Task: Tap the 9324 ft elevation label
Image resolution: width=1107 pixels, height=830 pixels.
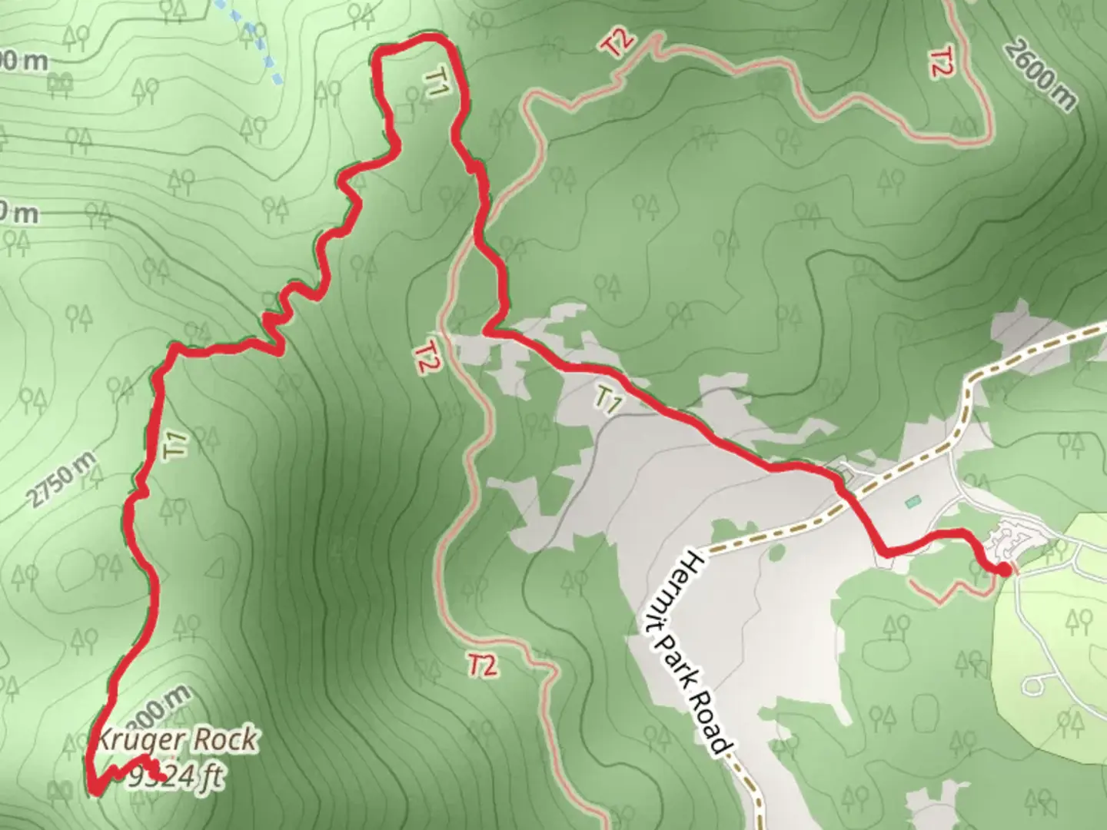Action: coord(176,777)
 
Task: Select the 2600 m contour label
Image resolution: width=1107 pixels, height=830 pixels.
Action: coord(1039,75)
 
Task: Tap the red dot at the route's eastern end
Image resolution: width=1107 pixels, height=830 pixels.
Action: coord(1004,569)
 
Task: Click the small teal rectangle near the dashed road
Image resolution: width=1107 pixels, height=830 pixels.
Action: coord(913,503)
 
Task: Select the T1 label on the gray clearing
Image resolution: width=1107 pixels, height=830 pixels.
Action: coord(607,400)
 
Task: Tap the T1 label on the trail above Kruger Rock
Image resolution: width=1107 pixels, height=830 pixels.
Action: coord(176,446)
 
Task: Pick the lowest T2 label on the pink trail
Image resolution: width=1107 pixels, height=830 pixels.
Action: coord(482,665)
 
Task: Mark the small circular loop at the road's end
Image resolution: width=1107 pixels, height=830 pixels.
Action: coord(1038,682)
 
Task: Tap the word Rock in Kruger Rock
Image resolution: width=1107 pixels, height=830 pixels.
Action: coord(224,741)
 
